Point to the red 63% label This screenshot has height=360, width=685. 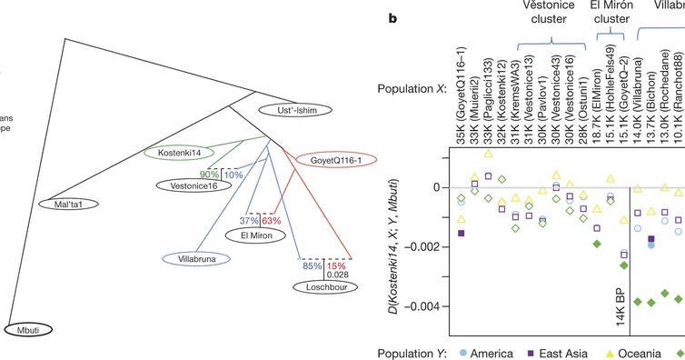click(x=273, y=219)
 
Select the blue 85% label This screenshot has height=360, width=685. click(x=312, y=265)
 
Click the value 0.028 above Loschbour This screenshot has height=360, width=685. click(x=339, y=275)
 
